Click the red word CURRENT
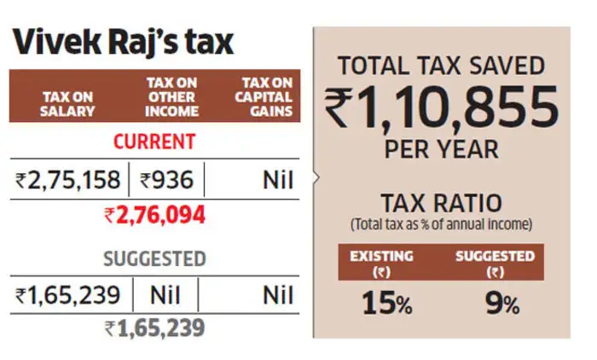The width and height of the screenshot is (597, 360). click(154, 141)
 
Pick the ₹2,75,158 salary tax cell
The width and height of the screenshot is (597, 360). click(68, 180)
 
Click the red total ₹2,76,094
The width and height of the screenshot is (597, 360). click(154, 216)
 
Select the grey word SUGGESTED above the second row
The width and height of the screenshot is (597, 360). click(154, 258)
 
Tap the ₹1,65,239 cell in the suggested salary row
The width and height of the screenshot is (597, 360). click(68, 296)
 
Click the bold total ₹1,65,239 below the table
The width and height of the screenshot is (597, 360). click(154, 328)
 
